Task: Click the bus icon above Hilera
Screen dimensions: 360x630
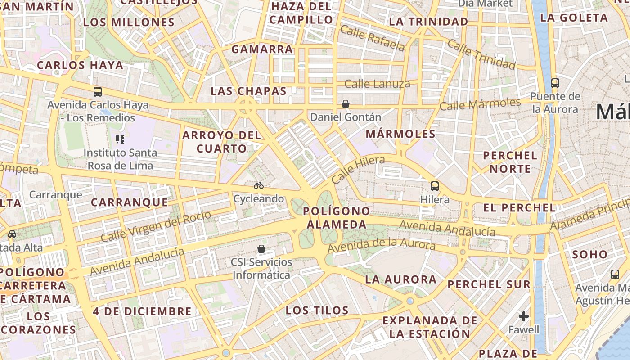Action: point(434,186)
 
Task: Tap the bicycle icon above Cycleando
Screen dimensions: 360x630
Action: point(258,185)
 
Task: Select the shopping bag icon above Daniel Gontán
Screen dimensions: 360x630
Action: point(345,104)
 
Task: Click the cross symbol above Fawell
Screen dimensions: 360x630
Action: point(523,316)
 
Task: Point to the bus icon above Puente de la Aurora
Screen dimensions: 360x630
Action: point(555,83)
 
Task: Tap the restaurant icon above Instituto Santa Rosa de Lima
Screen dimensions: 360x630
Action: point(120,139)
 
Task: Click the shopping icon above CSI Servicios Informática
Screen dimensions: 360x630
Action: point(261,248)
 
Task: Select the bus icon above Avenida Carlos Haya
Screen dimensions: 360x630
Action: point(98,92)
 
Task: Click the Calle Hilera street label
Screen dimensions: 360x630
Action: point(358,169)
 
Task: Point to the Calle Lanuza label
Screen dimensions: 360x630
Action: point(377,84)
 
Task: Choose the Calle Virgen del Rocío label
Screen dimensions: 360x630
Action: point(156,226)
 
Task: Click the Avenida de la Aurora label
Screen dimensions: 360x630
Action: point(381,245)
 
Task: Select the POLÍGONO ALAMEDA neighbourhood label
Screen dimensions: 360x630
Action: point(336,218)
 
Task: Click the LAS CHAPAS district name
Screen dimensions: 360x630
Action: point(248,91)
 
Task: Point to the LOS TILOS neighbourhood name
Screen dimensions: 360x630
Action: point(317,310)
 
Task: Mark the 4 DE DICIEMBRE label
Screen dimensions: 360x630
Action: point(142,311)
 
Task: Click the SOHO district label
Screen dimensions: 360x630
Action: point(589,254)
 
